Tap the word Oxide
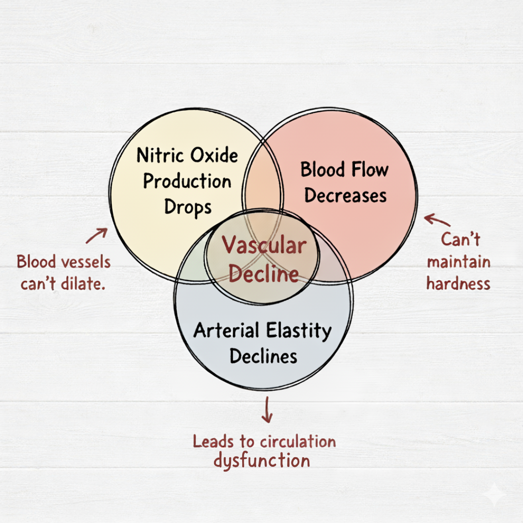[214, 155]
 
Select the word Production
[187, 181]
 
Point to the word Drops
[188, 208]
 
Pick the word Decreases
[345, 195]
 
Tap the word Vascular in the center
[264, 245]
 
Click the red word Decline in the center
[263, 274]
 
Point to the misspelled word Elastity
[299, 331]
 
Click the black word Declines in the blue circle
[263, 356]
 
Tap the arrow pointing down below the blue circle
[267, 410]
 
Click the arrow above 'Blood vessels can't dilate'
[97, 235]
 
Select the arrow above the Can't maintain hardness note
[437, 220]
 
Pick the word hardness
[458, 284]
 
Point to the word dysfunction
[262, 461]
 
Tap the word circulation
[298, 442]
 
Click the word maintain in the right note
[459, 261]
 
